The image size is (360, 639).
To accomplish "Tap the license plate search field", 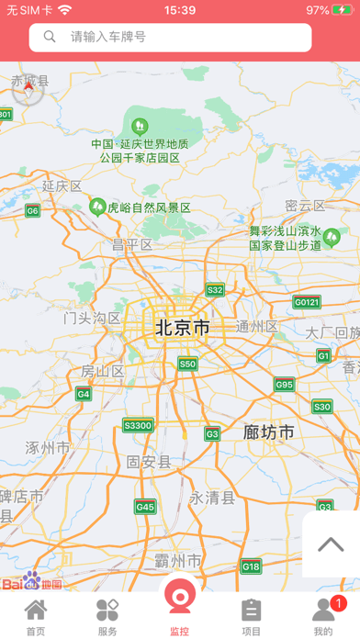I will (170, 37).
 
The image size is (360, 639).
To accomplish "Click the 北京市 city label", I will (182, 328).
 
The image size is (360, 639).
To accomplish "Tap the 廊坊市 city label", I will (269, 432).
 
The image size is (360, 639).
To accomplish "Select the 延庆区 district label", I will (62, 186).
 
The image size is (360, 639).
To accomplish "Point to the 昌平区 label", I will (131, 244).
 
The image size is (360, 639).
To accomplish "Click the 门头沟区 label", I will (92, 319).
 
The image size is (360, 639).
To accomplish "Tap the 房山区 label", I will (102, 371).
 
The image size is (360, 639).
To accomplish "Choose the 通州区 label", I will (256, 327).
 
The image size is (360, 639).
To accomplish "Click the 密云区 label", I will (305, 206).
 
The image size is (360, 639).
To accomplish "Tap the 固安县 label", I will (149, 462).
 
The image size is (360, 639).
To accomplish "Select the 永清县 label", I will (212, 498).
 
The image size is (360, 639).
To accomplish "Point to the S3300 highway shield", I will (138, 425).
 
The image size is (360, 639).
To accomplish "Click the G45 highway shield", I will (145, 506).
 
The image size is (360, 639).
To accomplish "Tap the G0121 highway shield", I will (307, 302).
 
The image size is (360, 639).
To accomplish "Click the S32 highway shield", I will (214, 290).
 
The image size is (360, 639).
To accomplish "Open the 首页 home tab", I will (36, 616).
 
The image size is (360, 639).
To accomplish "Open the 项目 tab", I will (252, 616).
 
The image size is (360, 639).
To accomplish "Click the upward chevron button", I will (331, 544).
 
